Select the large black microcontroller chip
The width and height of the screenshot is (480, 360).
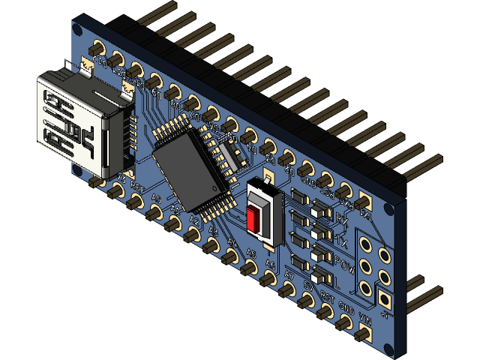193,167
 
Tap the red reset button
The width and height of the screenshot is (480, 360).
256,220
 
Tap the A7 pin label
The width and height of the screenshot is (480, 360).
289,275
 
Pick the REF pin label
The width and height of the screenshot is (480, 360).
136,184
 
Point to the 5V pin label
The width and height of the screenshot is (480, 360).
308,285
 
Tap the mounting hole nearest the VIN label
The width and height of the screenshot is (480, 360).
387,347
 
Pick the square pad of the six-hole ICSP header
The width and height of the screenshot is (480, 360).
384,300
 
